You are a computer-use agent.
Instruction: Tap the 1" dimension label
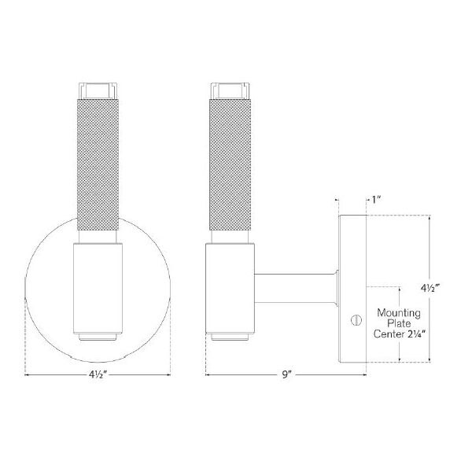pos(378,200)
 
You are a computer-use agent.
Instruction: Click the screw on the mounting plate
pos(353,320)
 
